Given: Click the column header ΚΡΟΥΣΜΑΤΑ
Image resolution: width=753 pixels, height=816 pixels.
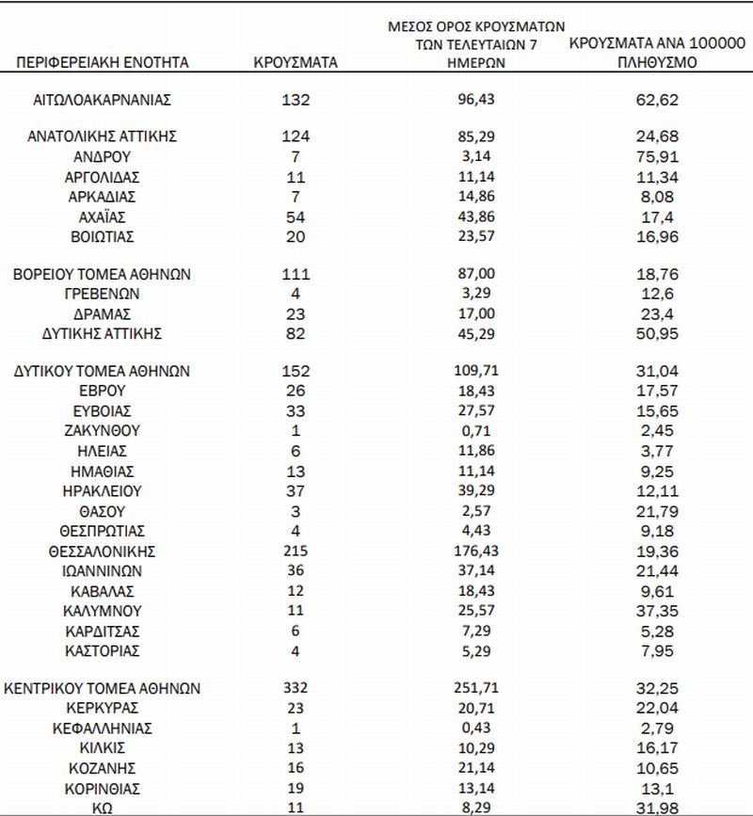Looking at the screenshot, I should coord(296,63).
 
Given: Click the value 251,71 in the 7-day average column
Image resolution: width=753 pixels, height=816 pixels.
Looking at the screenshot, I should coord(481,689).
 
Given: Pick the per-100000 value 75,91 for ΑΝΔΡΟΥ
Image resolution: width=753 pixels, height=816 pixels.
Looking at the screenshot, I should coord(658,156).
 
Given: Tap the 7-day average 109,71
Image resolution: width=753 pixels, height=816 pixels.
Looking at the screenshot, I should coord(481,371).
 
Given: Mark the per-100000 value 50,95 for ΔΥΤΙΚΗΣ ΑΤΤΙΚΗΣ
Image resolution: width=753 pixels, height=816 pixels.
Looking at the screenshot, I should coord(658,333).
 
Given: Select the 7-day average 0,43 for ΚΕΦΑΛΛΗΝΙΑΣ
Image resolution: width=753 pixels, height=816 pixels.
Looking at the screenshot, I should coord(481,728).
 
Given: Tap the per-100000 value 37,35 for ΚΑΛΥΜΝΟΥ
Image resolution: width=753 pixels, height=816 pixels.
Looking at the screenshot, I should coord(658,610).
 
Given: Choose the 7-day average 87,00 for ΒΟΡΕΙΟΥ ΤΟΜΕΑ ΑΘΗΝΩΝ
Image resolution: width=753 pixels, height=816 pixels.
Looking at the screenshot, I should coord(481,275).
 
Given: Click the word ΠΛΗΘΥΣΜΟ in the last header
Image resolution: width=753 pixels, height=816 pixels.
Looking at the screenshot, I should coord(658,63).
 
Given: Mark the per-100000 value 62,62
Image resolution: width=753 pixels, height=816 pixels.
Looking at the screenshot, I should coord(658,99).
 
